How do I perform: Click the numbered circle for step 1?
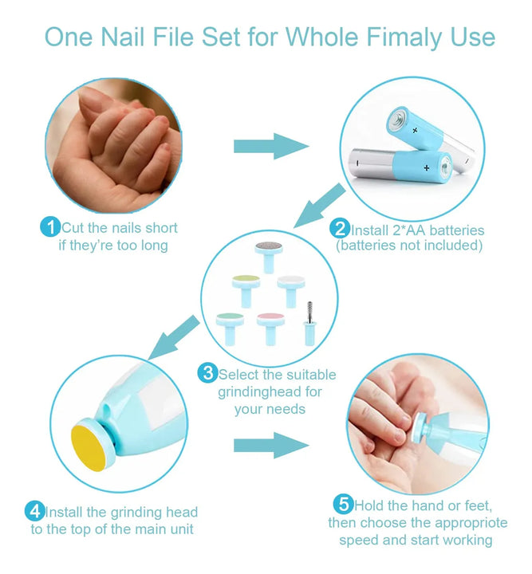coord(50,227)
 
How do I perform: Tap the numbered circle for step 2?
coord(340,229)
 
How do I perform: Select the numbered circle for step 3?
coord(207,373)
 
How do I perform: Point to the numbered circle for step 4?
coord(35,511)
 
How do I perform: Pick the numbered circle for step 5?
coord(344,504)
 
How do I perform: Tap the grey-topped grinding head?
coord(269,257)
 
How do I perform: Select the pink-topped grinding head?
coord(270,328)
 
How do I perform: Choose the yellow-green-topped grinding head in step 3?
coord(246,291)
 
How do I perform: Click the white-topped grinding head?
coord(291,292)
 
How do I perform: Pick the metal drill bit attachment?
coord(309,324)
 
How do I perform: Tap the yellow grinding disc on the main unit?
coord(89,448)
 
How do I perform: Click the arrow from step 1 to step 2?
coord(271,146)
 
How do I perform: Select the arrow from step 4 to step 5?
coord(271,445)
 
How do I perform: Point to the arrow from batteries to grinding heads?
coord(320,206)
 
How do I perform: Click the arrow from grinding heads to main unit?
coord(174,337)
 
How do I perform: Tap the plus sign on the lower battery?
coord(426,168)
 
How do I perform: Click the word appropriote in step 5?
coord(460,523)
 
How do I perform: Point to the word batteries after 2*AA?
coord(456,230)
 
